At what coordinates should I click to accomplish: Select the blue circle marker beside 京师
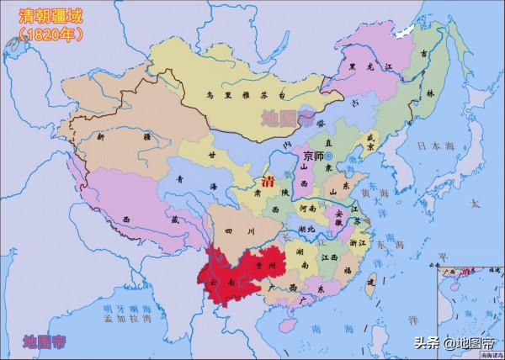tap(329, 157)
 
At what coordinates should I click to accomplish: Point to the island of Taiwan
tap(368, 289)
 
